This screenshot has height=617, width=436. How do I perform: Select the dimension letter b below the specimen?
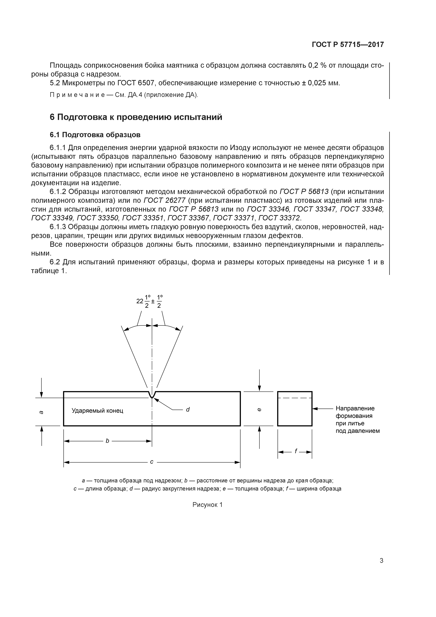107,441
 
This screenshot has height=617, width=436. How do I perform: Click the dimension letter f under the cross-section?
296,451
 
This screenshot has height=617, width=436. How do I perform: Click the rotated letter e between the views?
259,410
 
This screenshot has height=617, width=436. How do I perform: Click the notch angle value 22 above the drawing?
140,301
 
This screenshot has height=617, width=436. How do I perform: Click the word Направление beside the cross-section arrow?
355,408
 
